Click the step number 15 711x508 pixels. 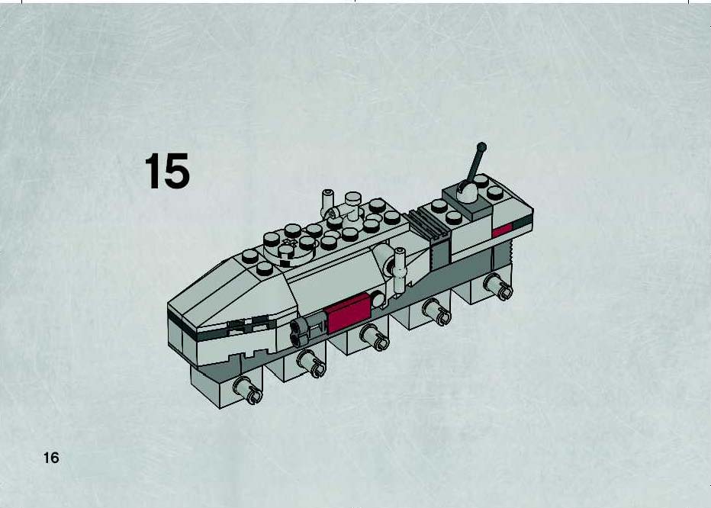(x=167, y=171)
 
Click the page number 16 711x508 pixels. (x=51, y=458)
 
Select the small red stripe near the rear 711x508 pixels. (x=502, y=230)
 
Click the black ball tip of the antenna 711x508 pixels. (x=481, y=147)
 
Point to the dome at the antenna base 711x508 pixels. (x=467, y=191)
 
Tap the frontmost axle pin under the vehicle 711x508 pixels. (x=249, y=391)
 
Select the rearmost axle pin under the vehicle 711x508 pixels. (x=499, y=288)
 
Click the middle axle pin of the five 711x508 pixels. (x=375, y=338)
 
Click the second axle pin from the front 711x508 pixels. (x=312, y=364)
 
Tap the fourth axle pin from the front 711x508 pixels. (x=437, y=312)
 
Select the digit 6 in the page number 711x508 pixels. (x=55, y=458)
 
